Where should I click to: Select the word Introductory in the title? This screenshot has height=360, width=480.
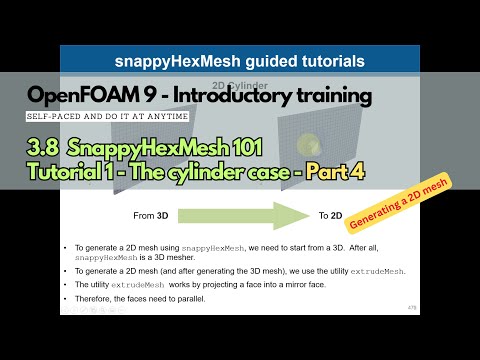[x=239, y=96]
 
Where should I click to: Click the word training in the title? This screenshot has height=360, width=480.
[x=333, y=96]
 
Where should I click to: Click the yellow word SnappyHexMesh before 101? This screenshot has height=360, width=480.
[x=146, y=148]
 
